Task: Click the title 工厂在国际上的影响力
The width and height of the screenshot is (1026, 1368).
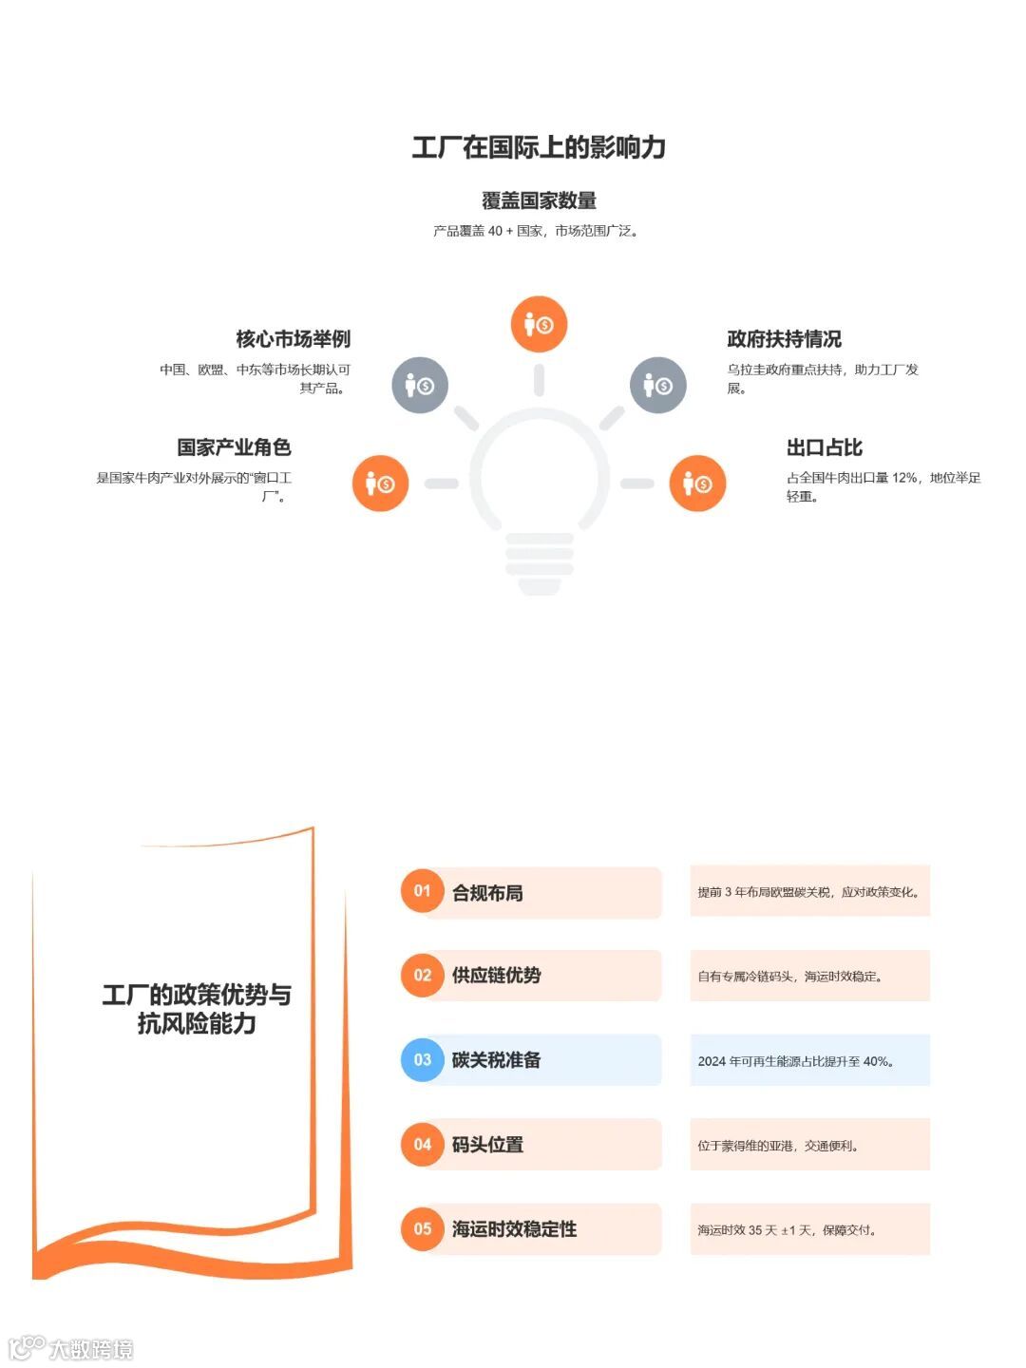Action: pos(539,147)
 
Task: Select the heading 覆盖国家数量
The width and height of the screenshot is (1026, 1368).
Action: pos(539,200)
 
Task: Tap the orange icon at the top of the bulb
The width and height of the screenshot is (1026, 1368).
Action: pos(539,324)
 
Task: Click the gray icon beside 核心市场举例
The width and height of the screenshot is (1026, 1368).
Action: pos(420,385)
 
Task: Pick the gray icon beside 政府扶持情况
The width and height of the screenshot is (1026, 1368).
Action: pos(657,385)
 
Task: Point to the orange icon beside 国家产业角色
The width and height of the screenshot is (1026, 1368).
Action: pos(380,484)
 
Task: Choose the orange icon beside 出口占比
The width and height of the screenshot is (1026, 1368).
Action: pos(697,484)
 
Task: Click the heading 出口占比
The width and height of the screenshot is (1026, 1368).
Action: pos(825,447)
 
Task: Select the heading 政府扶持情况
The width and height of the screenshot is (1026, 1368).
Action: pos(785,339)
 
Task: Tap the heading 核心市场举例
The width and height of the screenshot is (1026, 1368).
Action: pos(294,339)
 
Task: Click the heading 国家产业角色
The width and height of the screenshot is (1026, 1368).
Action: pos(234,447)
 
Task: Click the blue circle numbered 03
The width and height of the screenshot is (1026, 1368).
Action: pos(423,1060)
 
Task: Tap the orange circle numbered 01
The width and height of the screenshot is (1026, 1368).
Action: pos(423,891)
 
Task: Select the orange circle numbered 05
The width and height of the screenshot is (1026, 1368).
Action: pos(423,1229)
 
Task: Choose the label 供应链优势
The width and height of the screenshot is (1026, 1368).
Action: pos(496,976)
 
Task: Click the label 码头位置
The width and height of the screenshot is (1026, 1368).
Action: pos(487,1145)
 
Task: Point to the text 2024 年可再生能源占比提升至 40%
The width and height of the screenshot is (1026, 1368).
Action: pos(796,1061)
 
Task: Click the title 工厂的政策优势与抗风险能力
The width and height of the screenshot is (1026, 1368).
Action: pos(197,1009)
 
